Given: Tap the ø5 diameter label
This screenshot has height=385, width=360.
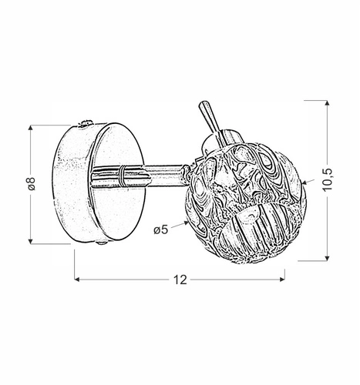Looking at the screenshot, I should coord(162,229).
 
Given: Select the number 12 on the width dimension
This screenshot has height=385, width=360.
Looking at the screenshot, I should coord(180,280).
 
